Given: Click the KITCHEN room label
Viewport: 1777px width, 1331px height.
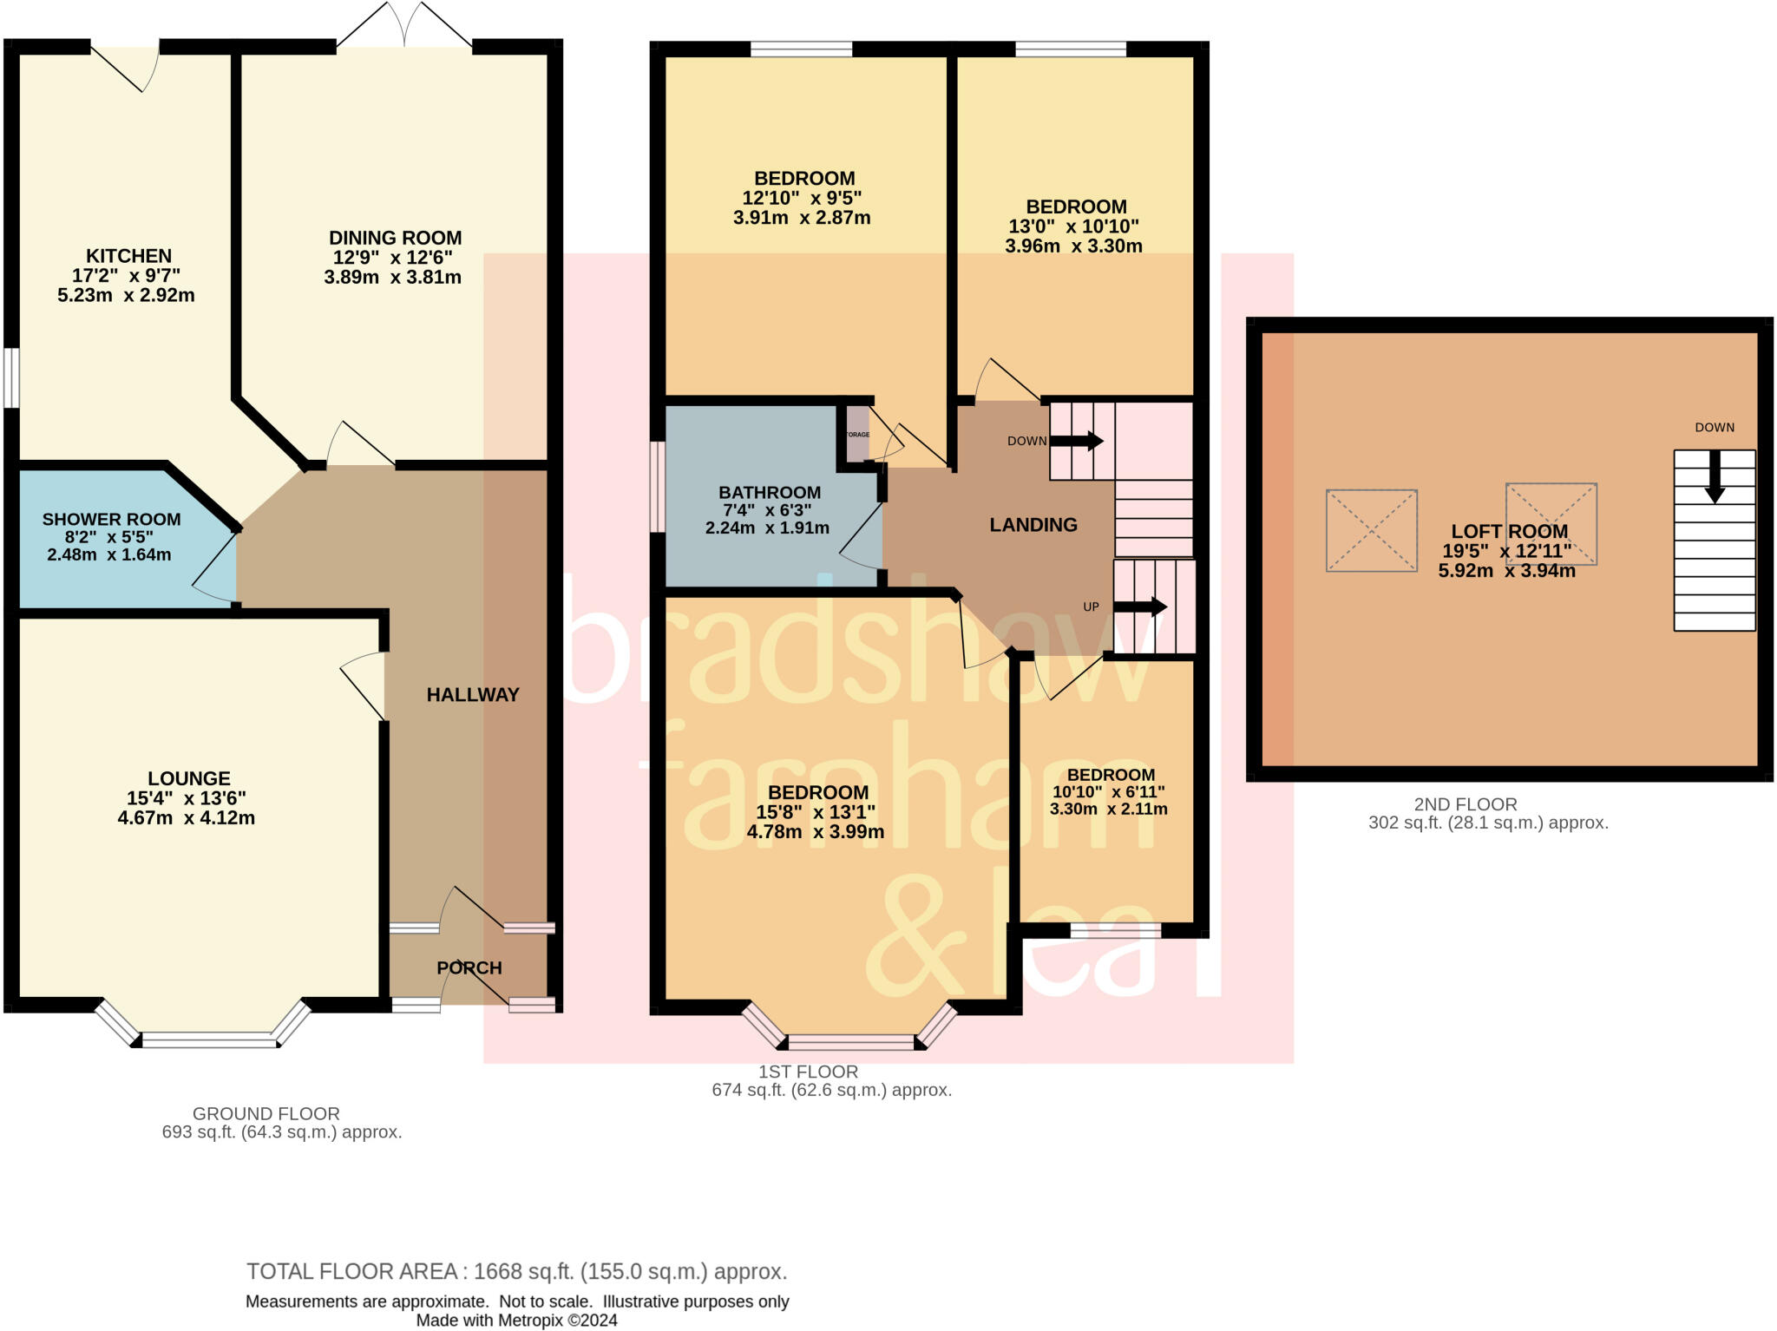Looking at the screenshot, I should [128, 256].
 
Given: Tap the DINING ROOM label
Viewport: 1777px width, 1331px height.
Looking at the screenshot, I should [395, 238].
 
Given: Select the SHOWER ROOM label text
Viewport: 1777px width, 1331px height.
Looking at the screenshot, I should [111, 520].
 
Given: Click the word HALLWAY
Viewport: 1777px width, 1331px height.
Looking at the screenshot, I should [472, 694].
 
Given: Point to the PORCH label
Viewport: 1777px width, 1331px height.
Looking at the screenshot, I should [469, 967].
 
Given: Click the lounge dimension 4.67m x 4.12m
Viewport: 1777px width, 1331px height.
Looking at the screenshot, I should [187, 818].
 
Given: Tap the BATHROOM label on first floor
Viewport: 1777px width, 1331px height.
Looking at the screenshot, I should [769, 492].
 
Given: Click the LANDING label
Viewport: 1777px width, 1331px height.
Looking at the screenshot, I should [1033, 525].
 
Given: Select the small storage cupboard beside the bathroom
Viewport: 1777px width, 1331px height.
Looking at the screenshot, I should [856, 434].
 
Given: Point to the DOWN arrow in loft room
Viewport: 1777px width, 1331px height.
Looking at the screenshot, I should [1714, 476].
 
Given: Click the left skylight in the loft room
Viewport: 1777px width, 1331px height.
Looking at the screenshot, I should [1371, 530].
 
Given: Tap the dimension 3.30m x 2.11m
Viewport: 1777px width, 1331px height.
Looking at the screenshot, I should [1108, 810].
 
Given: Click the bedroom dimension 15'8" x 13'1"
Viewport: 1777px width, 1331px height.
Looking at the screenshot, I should [815, 812].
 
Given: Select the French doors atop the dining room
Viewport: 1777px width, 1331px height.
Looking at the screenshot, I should [404, 26].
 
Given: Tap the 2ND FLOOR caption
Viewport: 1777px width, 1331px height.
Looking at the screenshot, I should [1465, 804].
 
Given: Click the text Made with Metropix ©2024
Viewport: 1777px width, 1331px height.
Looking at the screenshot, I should [516, 1321].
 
